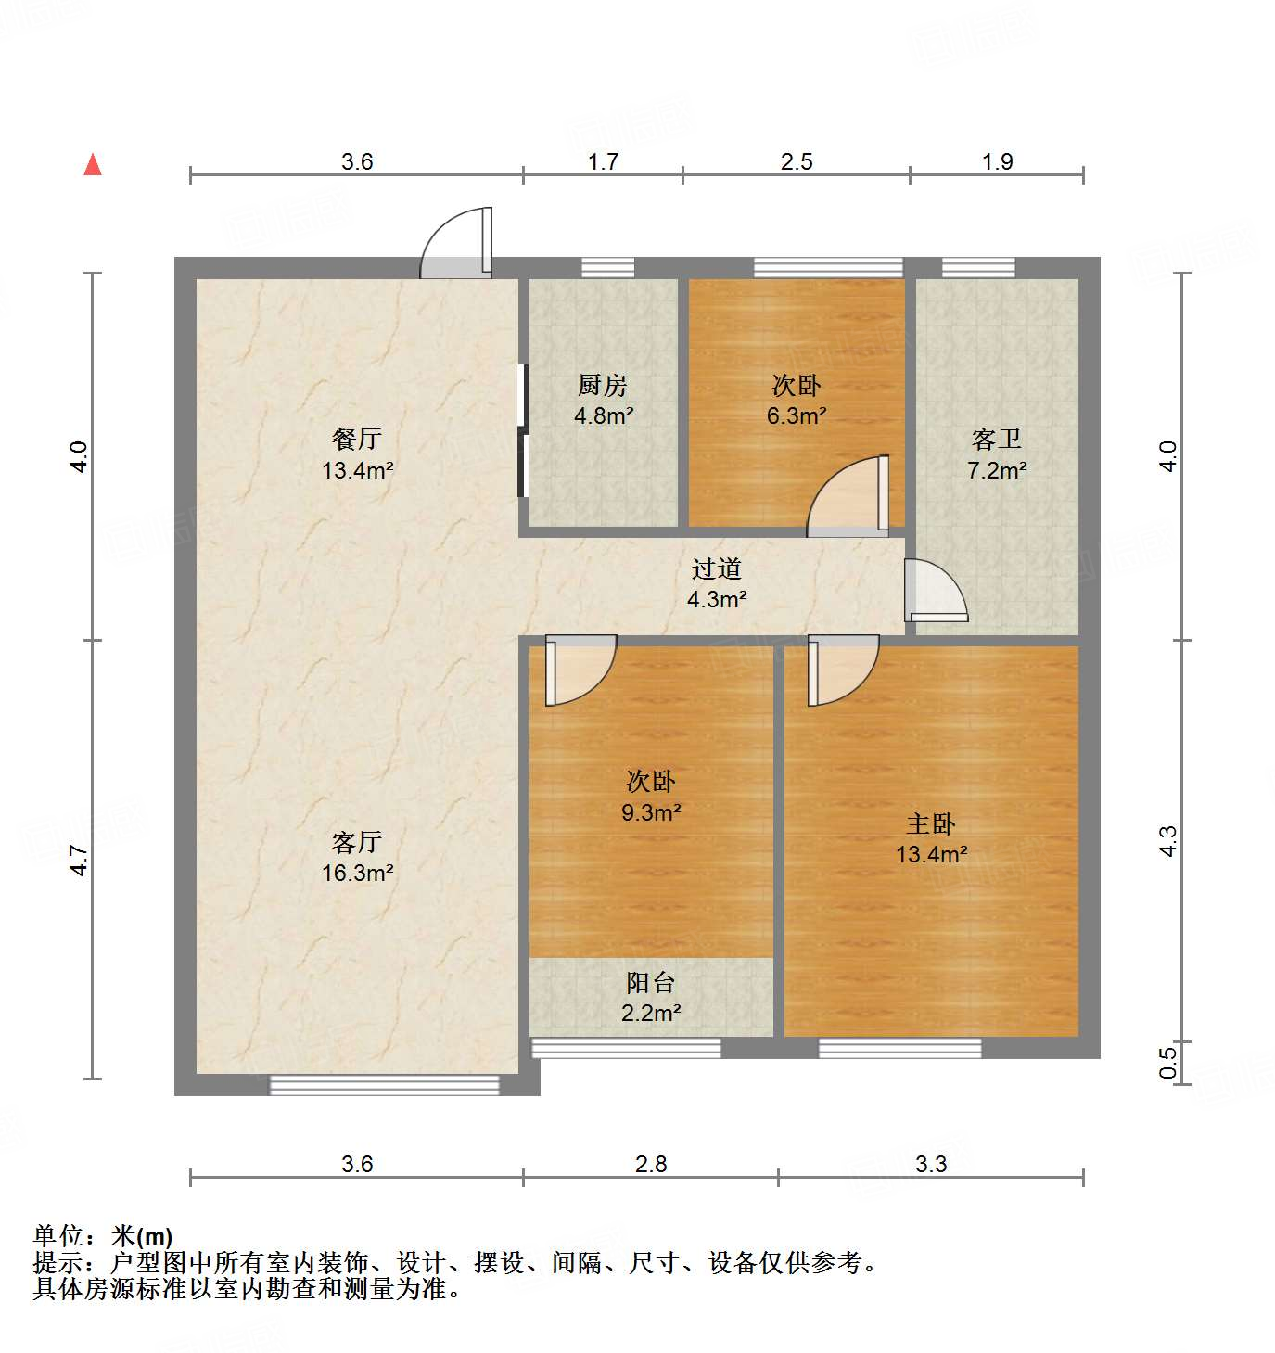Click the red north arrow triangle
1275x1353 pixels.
(x=93, y=165)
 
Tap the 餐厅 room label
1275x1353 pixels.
(x=357, y=439)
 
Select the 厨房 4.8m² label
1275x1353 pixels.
(x=604, y=400)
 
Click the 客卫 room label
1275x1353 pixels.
(x=997, y=439)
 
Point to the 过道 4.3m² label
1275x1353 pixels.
(x=717, y=583)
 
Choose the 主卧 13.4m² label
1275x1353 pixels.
(x=931, y=838)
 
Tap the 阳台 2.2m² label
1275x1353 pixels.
(x=651, y=997)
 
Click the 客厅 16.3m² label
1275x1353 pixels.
(x=357, y=857)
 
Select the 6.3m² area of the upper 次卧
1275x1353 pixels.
(x=797, y=416)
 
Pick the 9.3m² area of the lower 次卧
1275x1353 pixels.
(x=651, y=813)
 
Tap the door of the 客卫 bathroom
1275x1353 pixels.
(x=935, y=592)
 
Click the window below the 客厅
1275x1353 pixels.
(x=384, y=1085)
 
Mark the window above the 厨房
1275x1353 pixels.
(x=608, y=268)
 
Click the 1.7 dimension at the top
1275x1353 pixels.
(x=603, y=162)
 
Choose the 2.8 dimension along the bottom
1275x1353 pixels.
(x=651, y=1164)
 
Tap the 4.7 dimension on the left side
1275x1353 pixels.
(x=81, y=860)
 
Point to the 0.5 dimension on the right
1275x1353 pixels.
(x=1168, y=1061)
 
